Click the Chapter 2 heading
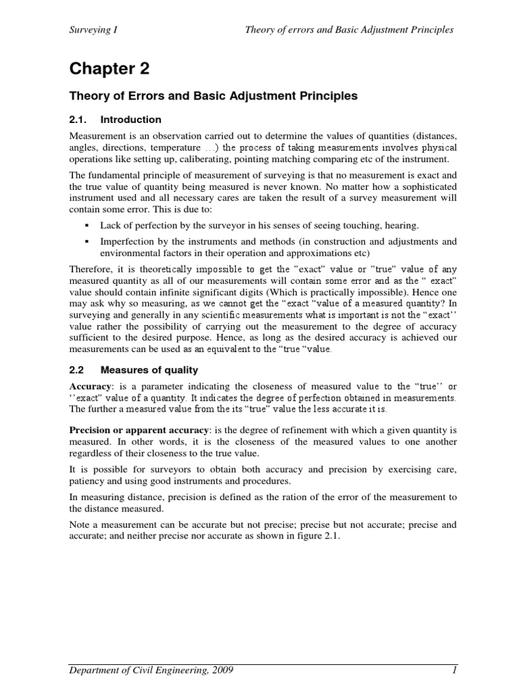pos(109,69)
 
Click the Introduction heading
pos(131,120)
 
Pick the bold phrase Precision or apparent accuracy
pos(141,429)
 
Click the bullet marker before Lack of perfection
pos(87,225)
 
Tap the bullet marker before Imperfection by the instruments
pos(87,241)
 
